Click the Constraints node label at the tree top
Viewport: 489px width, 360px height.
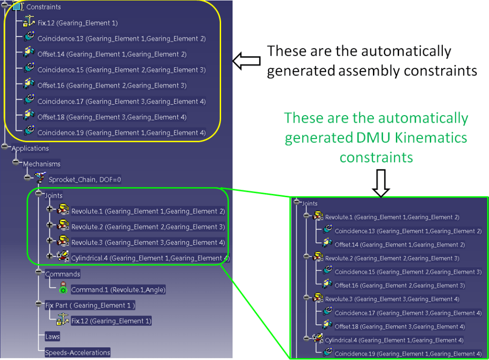coord(43,7)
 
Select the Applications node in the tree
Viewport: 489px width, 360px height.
coord(30,148)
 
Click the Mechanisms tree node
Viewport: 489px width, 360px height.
coord(42,164)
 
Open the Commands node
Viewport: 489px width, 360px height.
coord(62,274)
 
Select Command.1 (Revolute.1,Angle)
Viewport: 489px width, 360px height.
coord(118,290)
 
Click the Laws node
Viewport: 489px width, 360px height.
coord(52,337)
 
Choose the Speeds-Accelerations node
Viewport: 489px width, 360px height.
coord(77,353)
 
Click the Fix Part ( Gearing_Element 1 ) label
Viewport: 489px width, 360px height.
coord(90,306)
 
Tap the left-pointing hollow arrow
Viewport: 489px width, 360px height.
coord(246,61)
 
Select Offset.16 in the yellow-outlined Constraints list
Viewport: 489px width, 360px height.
coord(112,86)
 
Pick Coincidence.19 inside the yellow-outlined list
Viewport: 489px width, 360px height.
coord(121,133)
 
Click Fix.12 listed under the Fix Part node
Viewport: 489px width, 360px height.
coord(111,321)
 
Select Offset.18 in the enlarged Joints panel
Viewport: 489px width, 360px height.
coord(399,327)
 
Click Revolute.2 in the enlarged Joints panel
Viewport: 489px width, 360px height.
coord(392,258)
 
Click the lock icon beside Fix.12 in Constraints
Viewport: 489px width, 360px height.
coord(28,22)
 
